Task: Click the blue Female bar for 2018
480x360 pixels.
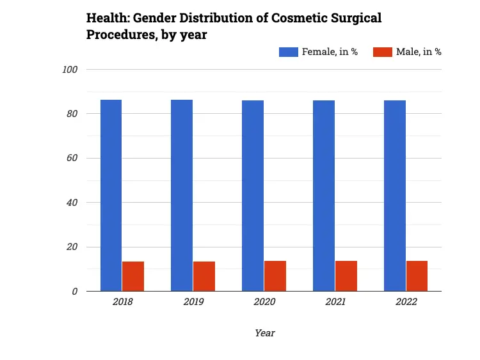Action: tap(111, 195)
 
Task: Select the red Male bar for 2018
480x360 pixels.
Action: tap(133, 276)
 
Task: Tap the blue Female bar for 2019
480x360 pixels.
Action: tap(182, 195)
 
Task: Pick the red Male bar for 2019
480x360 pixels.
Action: tap(204, 276)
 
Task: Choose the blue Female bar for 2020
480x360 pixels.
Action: tap(253, 196)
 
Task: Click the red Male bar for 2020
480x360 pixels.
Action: tap(275, 276)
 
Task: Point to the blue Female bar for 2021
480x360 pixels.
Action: tap(324, 196)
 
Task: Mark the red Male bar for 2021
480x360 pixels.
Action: tap(346, 276)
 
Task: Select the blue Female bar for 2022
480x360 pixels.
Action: tap(395, 196)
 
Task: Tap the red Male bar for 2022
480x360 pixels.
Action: tap(417, 276)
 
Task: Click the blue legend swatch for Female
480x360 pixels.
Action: tap(289, 52)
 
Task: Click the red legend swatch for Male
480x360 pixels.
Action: tap(383, 52)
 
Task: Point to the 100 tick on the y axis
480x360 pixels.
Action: tap(70, 70)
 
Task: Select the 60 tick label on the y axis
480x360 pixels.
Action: tap(72, 158)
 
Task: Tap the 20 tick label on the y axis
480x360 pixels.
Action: tap(72, 247)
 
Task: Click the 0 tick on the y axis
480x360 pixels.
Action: tap(75, 292)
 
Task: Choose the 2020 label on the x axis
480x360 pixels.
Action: tap(264, 302)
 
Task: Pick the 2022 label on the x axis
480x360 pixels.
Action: tap(406, 302)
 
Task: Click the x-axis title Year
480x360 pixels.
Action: tap(264, 333)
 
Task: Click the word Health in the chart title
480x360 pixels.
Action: tap(106, 18)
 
